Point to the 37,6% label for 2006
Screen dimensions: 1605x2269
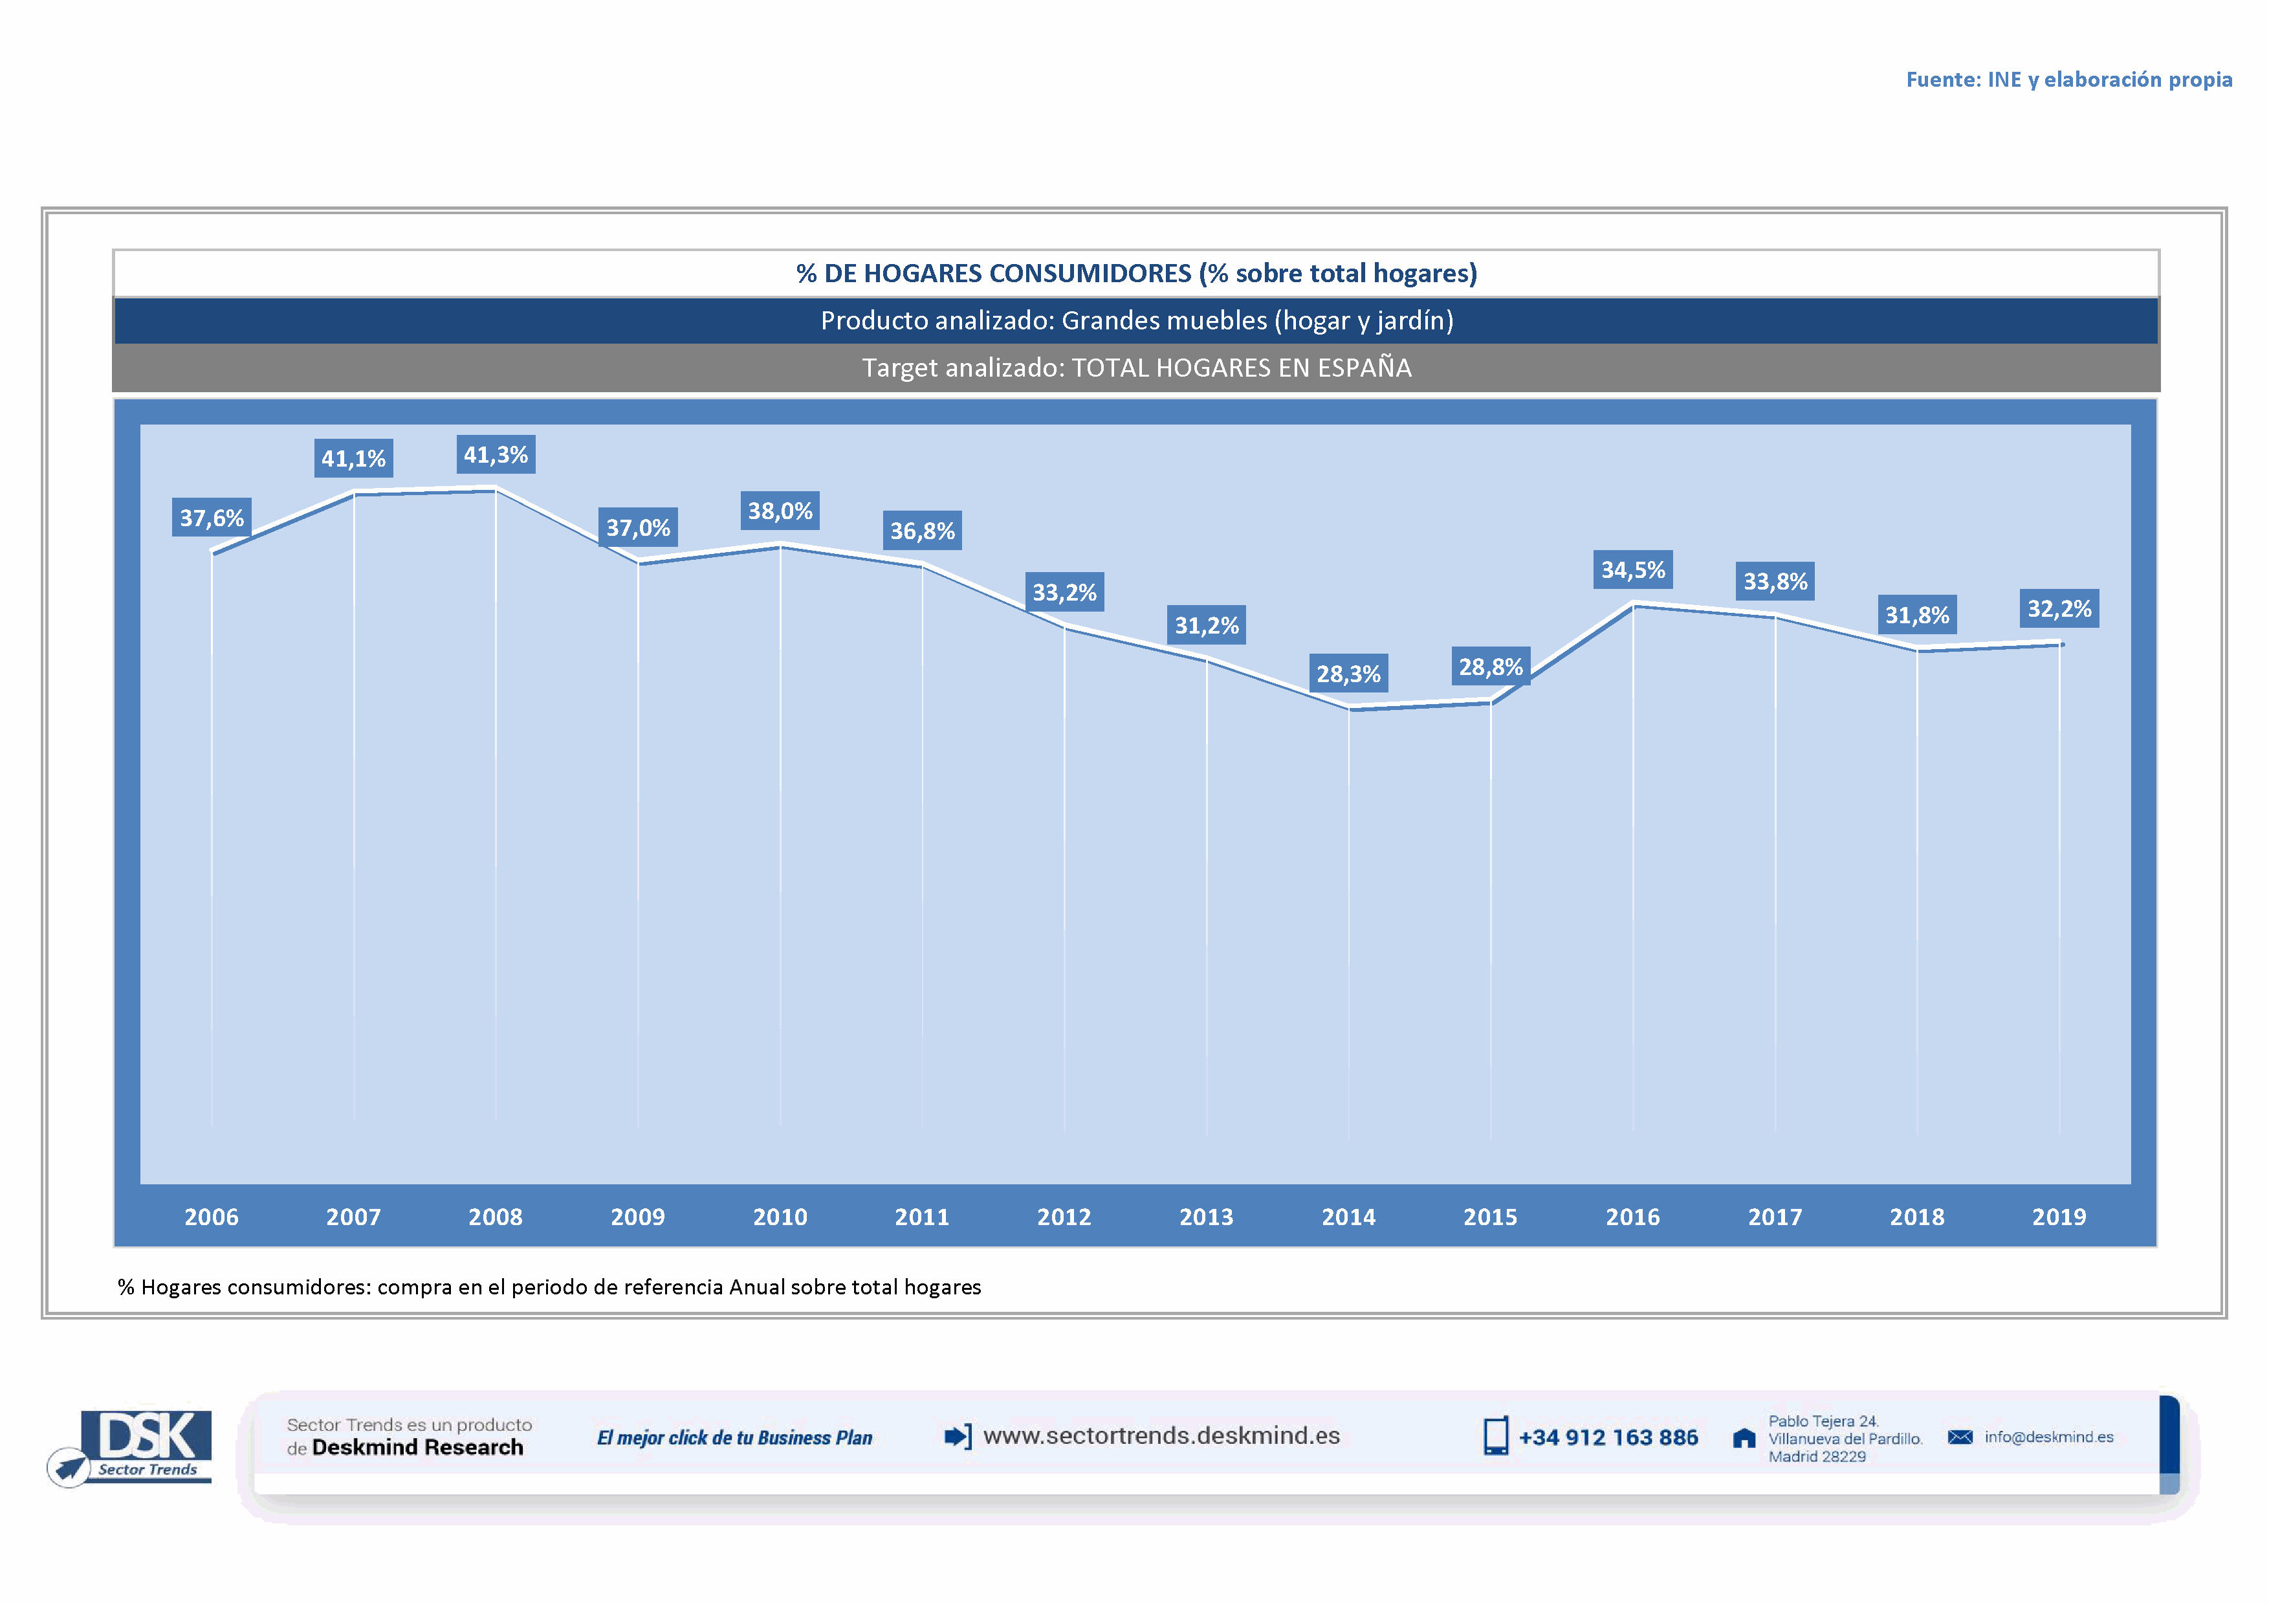tap(212, 518)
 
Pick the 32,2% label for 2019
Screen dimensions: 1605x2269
tap(2059, 609)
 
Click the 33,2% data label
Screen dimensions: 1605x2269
tap(1064, 593)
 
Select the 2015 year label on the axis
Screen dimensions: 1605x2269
tap(1490, 1217)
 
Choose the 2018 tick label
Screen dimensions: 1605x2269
tap(1916, 1217)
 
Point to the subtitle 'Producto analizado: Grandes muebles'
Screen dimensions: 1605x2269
tap(1137, 321)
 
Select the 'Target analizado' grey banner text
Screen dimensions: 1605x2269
tap(1137, 368)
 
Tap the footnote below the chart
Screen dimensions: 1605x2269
tap(549, 1287)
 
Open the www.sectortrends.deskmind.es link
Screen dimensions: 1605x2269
tap(1161, 1436)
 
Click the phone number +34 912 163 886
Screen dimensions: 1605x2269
tap(1608, 1438)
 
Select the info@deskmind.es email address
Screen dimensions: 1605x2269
tap(2048, 1437)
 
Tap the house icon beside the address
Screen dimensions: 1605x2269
tap(1744, 1438)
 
